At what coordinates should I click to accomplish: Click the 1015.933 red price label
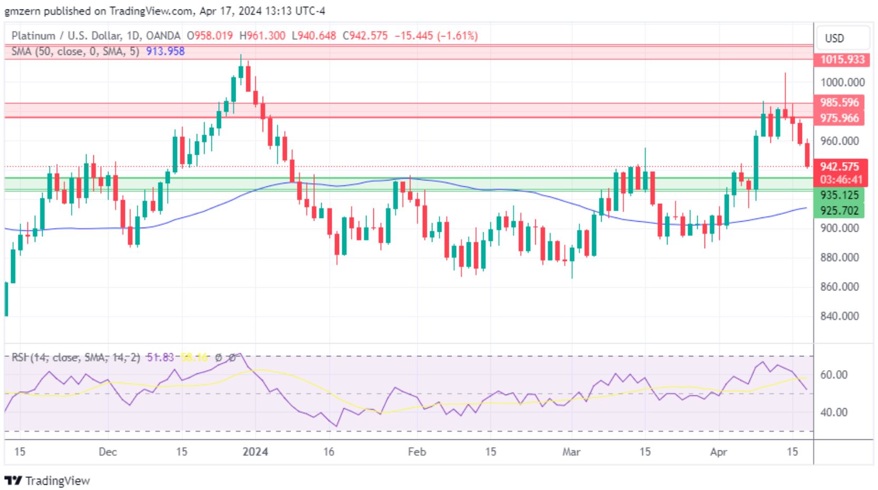point(842,59)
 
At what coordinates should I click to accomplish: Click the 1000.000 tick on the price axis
point(842,82)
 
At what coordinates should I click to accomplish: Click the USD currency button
point(834,39)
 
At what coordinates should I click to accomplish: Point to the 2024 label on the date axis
point(255,452)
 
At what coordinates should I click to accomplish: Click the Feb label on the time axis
point(417,452)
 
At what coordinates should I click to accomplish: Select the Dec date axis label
point(108,452)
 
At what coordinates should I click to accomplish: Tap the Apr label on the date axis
point(718,452)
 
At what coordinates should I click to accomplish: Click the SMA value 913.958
point(165,51)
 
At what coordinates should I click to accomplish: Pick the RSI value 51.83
point(160,357)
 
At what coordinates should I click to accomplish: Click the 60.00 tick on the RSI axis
point(834,375)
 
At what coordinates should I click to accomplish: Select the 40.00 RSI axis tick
point(834,412)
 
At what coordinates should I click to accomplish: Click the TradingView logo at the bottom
point(47,480)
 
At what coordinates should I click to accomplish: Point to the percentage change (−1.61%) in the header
point(457,36)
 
